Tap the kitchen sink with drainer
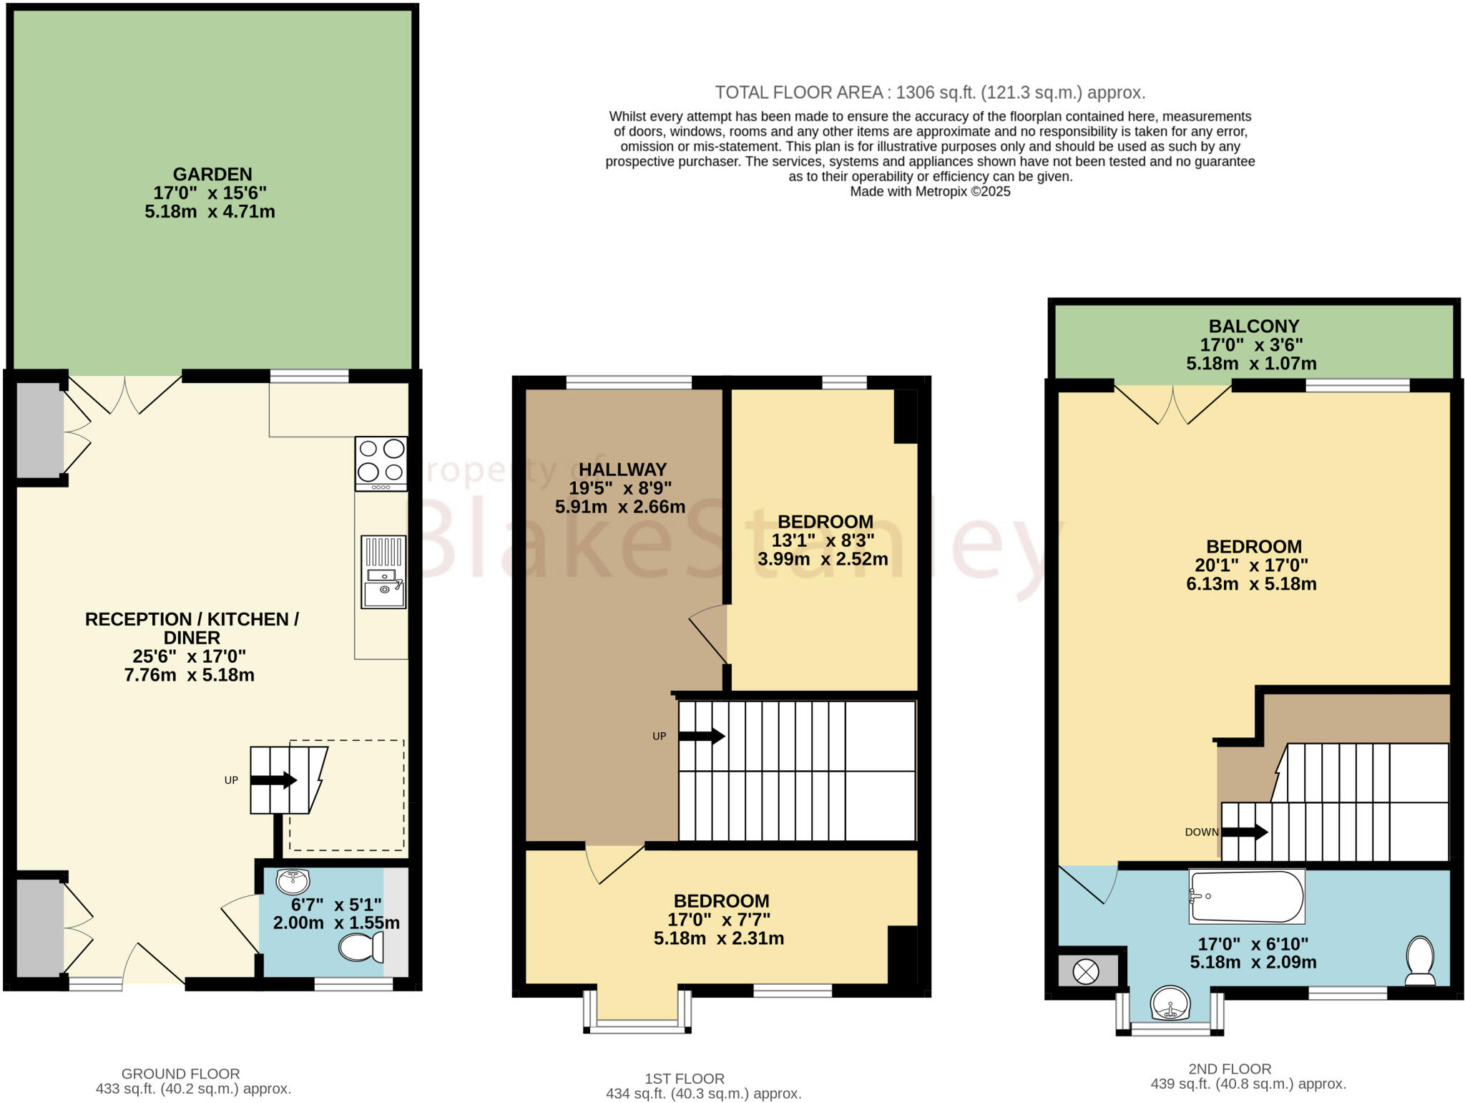[x=383, y=573]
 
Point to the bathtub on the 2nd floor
[x=1246, y=896]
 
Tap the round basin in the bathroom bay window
[x=1170, y=1003]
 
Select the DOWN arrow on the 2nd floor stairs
[x=1245, y=832]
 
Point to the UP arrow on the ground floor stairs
[x=273, y=780]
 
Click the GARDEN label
[x=212, y=174]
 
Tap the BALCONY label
[x=1253, y=326]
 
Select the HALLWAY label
[x=622, y=470]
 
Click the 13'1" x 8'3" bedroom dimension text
[x=823, y=540]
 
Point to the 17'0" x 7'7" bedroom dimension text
[x=719, y=920]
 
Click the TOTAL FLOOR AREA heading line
[x=930, y=92]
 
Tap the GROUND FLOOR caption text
[x=180, y=1074]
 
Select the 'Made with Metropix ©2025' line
[x=930, y=191]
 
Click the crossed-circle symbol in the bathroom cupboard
[x=1086, y=972]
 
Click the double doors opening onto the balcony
[x=1173, y=405]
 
